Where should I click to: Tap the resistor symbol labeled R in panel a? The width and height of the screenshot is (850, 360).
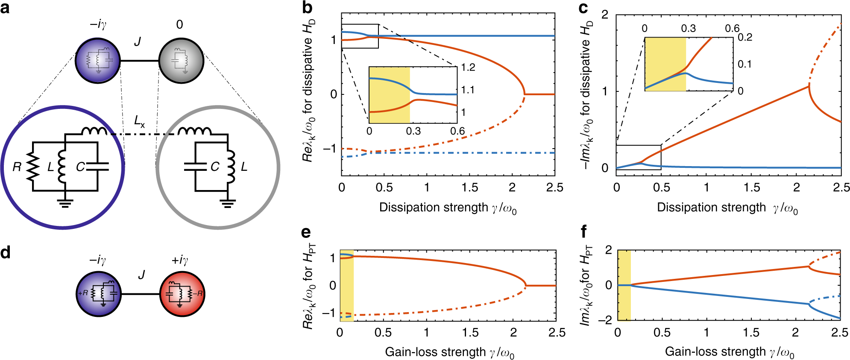coord(33,167)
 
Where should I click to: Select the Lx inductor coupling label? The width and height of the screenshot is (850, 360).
coord(139,122)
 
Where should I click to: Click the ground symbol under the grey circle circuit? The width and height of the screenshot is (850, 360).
coord(228,203)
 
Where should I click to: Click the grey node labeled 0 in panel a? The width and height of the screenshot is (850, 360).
coord(181,61)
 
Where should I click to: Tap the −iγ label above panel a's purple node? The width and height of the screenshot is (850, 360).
coord(98,24)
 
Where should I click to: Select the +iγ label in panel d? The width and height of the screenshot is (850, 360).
coord(180,260)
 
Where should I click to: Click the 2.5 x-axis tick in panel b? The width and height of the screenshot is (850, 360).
coord(554,187)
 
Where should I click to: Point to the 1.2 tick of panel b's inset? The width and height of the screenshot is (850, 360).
coord(468,67)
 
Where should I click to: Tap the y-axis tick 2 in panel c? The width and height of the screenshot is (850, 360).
coord(605,15)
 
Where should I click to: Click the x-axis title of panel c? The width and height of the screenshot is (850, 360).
coord(727,208)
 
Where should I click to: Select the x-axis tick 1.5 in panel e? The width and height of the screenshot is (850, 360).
coord(470,333)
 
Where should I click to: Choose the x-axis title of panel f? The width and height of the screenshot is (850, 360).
coord(729,352)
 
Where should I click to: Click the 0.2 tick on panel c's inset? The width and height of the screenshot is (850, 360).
coord(745,38)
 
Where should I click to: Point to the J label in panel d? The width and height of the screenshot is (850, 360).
coord(141,275)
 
